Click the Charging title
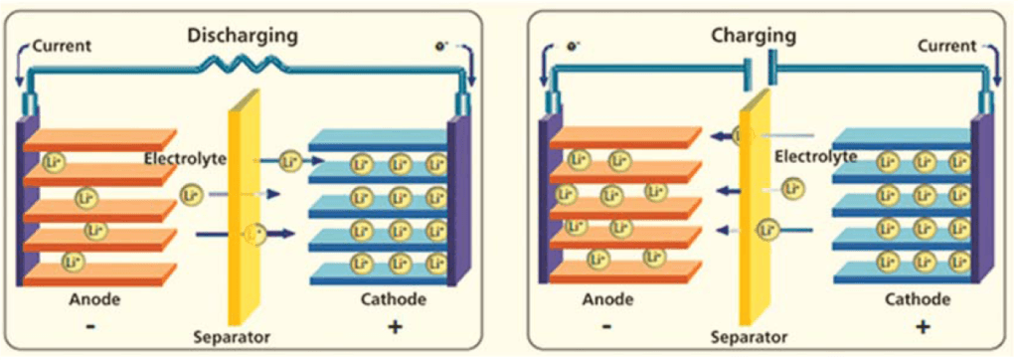tap(754, 37)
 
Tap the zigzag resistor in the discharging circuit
tap(243, 66)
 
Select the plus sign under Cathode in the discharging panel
tap(396, 325)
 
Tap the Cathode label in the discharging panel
tap(396, 299)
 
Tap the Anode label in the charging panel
tap(605, 299)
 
